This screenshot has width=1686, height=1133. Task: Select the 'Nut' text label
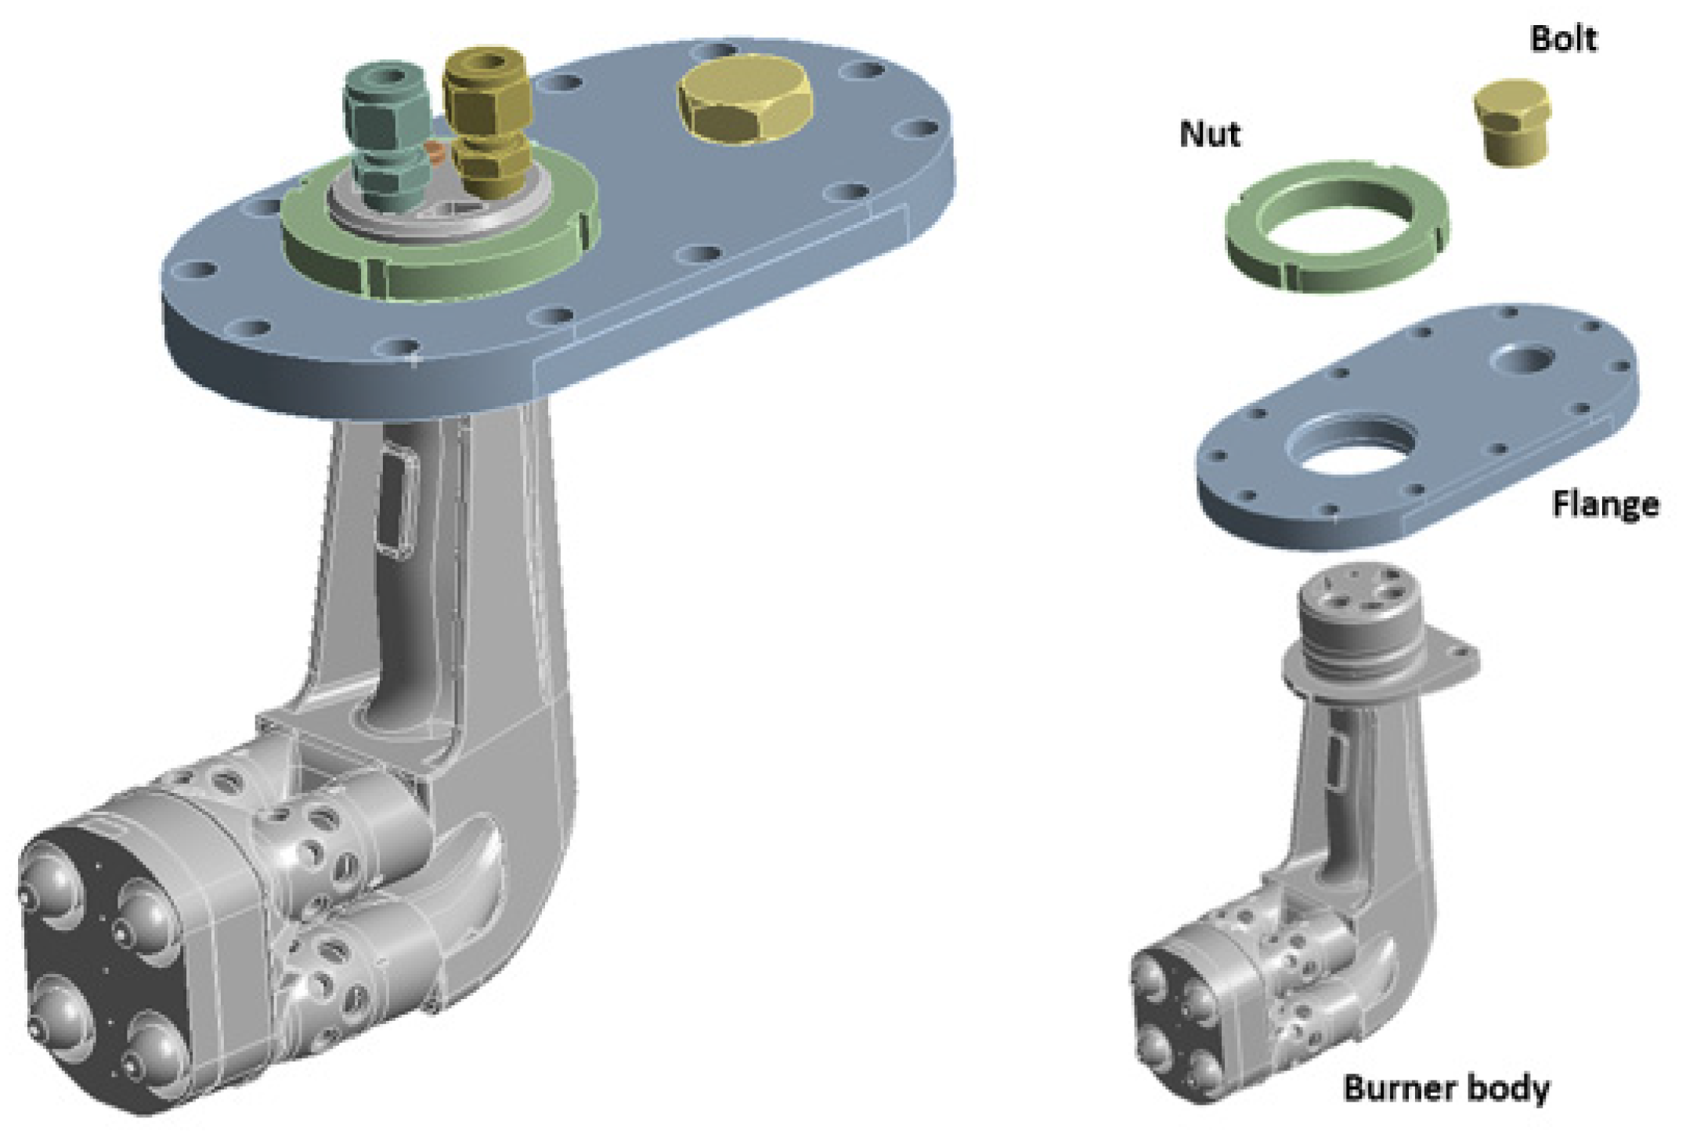pos(1210,134)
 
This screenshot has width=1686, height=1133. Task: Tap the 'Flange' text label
pos(1605,504)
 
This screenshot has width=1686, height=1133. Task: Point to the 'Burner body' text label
pos(1446,1088)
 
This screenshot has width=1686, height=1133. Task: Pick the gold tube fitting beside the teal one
pos(487,125)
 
